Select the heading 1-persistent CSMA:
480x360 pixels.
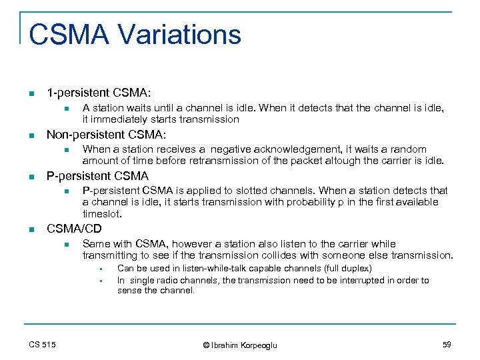(x=93, y=91)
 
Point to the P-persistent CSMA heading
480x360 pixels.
(x=97, y=176)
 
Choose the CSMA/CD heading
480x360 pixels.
(x=74, y=229)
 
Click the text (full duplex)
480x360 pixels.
(x=347, y=269)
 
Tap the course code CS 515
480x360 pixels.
(x=43, y=344)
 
